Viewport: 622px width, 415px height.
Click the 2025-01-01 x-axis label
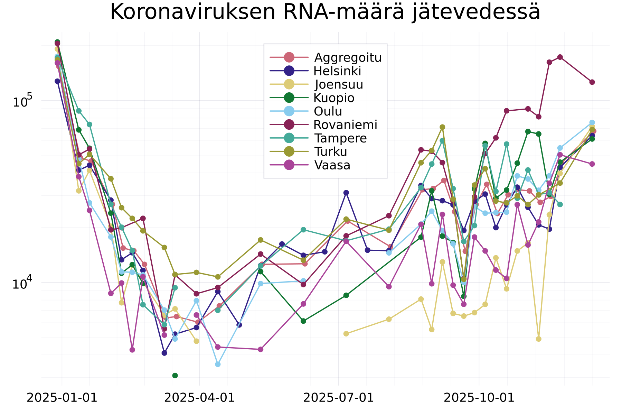pos(62,398)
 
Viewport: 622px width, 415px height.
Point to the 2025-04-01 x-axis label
pos(199,398)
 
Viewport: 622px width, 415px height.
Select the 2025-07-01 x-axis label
pos(338,398)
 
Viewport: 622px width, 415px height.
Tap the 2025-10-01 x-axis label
pos(479,398)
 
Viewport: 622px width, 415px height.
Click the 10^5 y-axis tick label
pos(22,101)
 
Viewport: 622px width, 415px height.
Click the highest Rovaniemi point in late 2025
pos(560,57)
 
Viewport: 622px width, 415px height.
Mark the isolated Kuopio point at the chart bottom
pos(175,376)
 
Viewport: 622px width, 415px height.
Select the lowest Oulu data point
pos(218,364)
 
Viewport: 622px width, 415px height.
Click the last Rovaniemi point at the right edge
pos(592,82)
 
